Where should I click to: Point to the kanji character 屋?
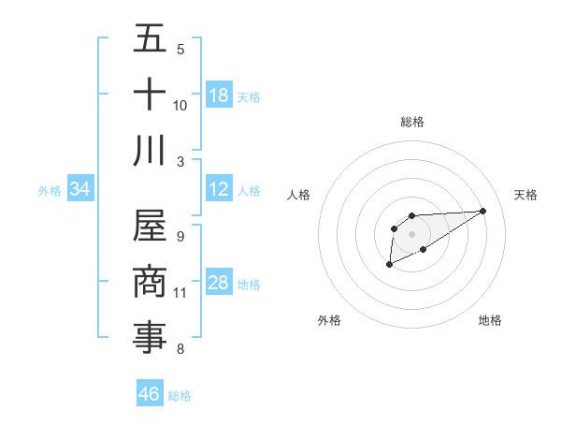click(150, 226)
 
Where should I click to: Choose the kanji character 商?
click(150, 282)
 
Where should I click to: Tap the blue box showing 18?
click(219, 95)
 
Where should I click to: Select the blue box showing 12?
click(219, 189)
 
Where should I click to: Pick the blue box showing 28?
click(219, 283)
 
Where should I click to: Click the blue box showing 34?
click(80, 189)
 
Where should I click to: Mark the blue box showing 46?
click(150, 394)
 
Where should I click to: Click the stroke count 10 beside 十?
click(180, 105)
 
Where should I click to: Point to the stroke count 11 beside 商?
click(180, 292)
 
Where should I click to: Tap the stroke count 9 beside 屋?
click(180, 236)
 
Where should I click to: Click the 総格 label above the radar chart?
click(411, 122)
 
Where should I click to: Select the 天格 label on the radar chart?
click(526, 195)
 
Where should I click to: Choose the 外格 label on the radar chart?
click(329, 320)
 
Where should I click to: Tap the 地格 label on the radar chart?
click(490, 320)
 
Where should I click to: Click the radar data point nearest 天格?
click(483, 210)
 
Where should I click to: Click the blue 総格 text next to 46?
click(180, 396)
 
